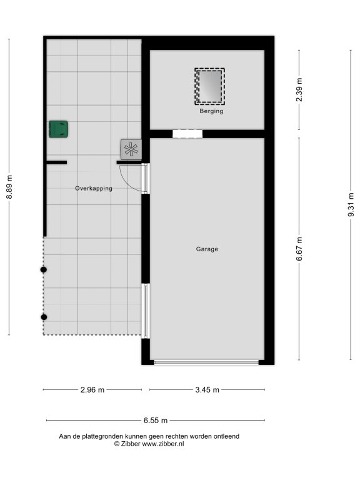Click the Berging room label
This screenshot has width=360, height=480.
point(211,111)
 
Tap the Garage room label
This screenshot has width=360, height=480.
point(207,249)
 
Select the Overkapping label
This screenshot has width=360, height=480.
point(94,189)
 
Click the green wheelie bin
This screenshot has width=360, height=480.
point(59,129)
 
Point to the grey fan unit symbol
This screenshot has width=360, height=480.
point(131,149)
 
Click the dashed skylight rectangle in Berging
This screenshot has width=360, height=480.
point(210,86)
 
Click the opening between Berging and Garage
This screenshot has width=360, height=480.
point(187,134)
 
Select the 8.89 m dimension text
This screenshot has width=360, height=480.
point(9,187)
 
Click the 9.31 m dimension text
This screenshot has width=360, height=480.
point(351,205)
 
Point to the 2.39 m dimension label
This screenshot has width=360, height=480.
point(299,90)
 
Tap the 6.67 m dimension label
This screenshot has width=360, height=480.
point(299,249)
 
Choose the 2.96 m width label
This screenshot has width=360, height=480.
point(92,390)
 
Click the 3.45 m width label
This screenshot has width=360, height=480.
point(207,390)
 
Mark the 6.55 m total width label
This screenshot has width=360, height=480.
point(156,420)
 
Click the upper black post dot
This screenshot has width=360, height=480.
point(44,270)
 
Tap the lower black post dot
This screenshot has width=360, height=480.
point(44,317)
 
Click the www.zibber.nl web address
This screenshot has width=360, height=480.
point(163,444)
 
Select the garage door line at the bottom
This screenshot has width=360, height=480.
point(206,362)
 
